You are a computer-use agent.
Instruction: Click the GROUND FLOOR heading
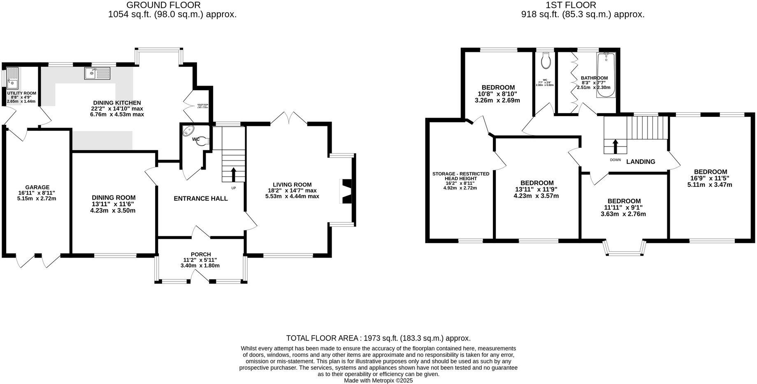(x=163, y=5)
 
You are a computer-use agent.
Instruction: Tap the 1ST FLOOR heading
(x=571, y=5)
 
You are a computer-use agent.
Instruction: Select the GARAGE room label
(x=37, y=187)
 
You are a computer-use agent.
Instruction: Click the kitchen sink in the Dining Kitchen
(x=98, y=73)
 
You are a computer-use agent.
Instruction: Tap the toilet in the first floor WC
(x=546, y=61)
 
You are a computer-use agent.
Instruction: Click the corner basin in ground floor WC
(x=188, y=131)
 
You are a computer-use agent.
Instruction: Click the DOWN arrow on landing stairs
(x=615, y=146)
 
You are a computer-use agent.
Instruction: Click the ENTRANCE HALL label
(x=200, y=198)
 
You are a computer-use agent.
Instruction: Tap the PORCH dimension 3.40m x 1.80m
(x=200, y=265)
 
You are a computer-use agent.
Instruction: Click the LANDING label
(x=641, y=162)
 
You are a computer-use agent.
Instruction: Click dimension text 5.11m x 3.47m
(x=710, y=185)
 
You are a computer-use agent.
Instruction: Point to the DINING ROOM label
(x=113, y=198)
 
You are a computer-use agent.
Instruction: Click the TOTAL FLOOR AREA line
(x=378, y=338)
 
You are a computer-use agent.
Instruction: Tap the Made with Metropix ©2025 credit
(x=378, y=381)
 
